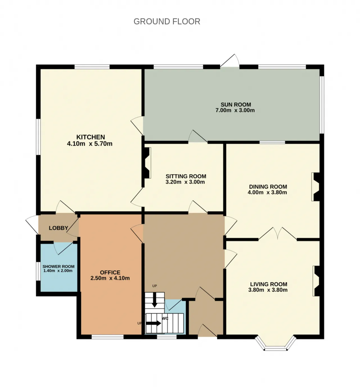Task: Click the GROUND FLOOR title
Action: click(167, 21)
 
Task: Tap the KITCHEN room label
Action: click(91, 137)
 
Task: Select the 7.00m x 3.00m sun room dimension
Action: click(235, 110)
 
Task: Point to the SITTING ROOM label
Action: click(186, 176)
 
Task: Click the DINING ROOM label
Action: click(268, 187)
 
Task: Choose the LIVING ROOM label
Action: click(269, 284)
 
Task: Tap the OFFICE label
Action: click(110, 272)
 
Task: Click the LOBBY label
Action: click(58, 228)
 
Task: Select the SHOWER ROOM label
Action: click(58, 266)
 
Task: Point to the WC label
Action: click(165, 319)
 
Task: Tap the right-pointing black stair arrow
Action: click(154, 323)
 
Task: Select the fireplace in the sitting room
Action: click(147, 163)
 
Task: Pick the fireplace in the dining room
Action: click(316, 187)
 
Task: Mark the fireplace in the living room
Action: click(316, 281)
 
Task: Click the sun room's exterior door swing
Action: click(230, 61)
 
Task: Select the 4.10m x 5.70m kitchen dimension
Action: click(90, 144)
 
